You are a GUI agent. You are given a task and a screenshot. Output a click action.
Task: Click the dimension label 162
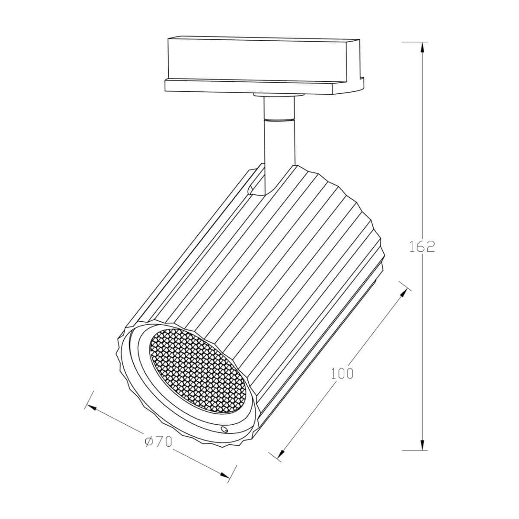[422, 246]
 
